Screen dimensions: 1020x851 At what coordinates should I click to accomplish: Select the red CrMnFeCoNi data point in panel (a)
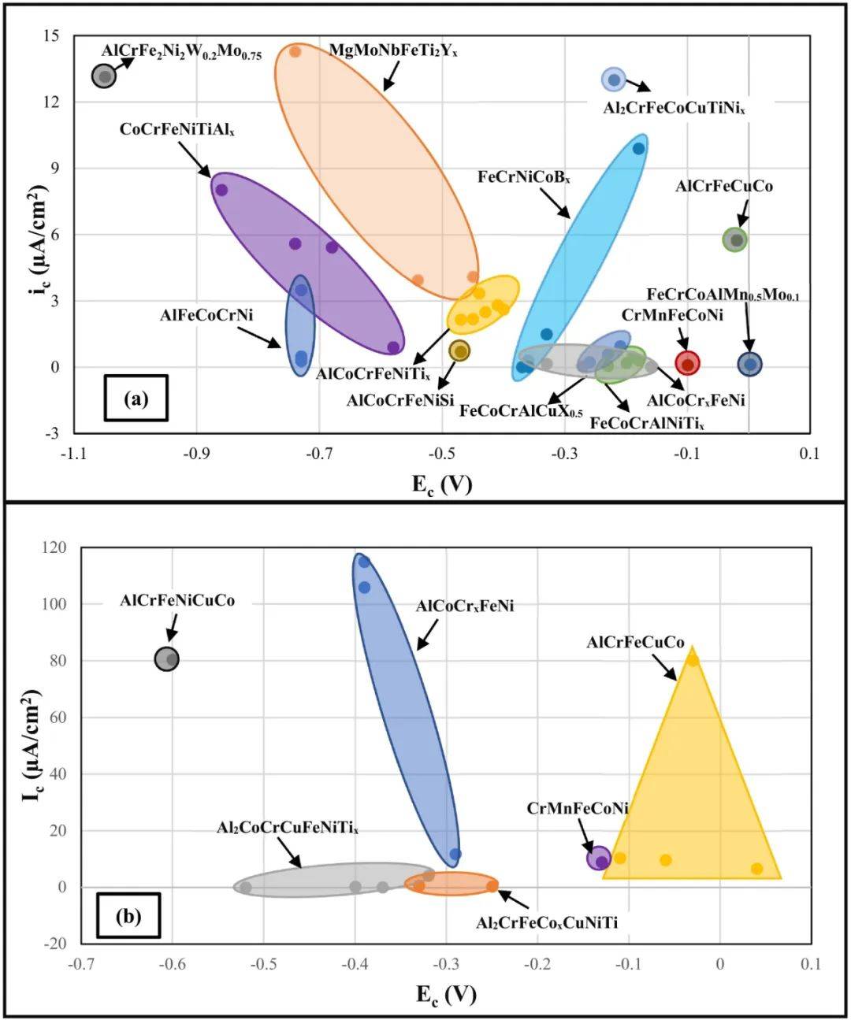(x=687, y=363)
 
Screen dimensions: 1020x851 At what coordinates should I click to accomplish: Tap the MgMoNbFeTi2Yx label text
(x=393, y=50)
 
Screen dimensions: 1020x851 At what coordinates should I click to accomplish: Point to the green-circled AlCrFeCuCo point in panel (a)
(x=736, y=240)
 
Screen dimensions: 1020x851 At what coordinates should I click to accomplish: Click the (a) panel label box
(x=136, y=399)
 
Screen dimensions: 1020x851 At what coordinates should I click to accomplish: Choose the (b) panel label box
(x=128, y=916)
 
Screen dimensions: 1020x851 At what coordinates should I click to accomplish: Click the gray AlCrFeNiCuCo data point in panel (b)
(x=167, y=659)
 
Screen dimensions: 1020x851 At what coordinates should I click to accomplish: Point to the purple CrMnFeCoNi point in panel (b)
(x=600, y=860)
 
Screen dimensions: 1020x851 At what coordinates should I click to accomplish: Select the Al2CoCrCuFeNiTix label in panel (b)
(x=288, y=828)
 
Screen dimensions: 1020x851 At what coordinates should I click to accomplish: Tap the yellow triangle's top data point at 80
(x=693, y=660)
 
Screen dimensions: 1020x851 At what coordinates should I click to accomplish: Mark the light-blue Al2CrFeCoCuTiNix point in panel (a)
(x=614, y=80)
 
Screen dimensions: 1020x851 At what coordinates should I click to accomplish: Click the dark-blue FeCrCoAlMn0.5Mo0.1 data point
(x=750, y=364)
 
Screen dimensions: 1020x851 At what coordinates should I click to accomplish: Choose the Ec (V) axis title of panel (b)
(x=446, y=994)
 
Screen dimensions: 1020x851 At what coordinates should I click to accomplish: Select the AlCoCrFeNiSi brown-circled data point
(x=459, y=351)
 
